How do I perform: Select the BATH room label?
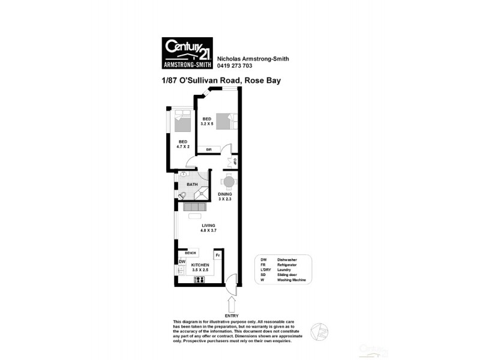(x=193, y=185)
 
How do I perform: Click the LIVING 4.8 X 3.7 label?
(x=208, y=228)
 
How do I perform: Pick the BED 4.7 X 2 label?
(x=183, y=144)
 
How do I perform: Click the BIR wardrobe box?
(x=209, y=149)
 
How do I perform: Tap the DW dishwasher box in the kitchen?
(x=181, y=262)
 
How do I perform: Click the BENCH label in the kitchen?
(x=190, y=253)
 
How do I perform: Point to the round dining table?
(x=228, y=182)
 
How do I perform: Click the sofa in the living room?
(x=196, y=206)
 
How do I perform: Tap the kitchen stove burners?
(x=199, y=280)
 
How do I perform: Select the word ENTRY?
(x=231, y=316)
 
